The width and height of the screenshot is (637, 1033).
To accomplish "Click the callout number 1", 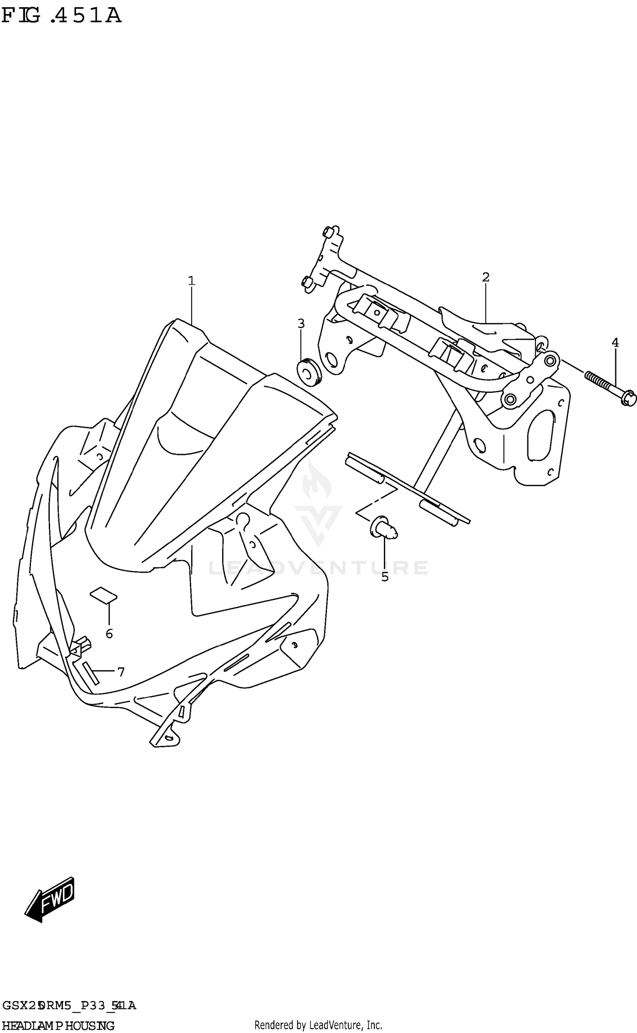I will coord(192,281).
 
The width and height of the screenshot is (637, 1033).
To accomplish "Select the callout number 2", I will coord(486,277).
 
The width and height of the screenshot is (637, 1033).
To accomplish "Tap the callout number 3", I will coord(301,324).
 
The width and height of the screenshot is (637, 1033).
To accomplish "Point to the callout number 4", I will coord(615,342).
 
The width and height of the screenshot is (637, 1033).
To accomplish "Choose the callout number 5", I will coord(385,577).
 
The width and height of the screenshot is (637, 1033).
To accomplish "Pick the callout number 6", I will coord(109,634).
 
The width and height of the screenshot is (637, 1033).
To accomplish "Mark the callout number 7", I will coord(121,672).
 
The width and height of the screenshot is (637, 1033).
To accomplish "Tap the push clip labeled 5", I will coord(384,528).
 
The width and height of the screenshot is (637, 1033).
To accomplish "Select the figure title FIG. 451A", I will coord(62,16).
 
